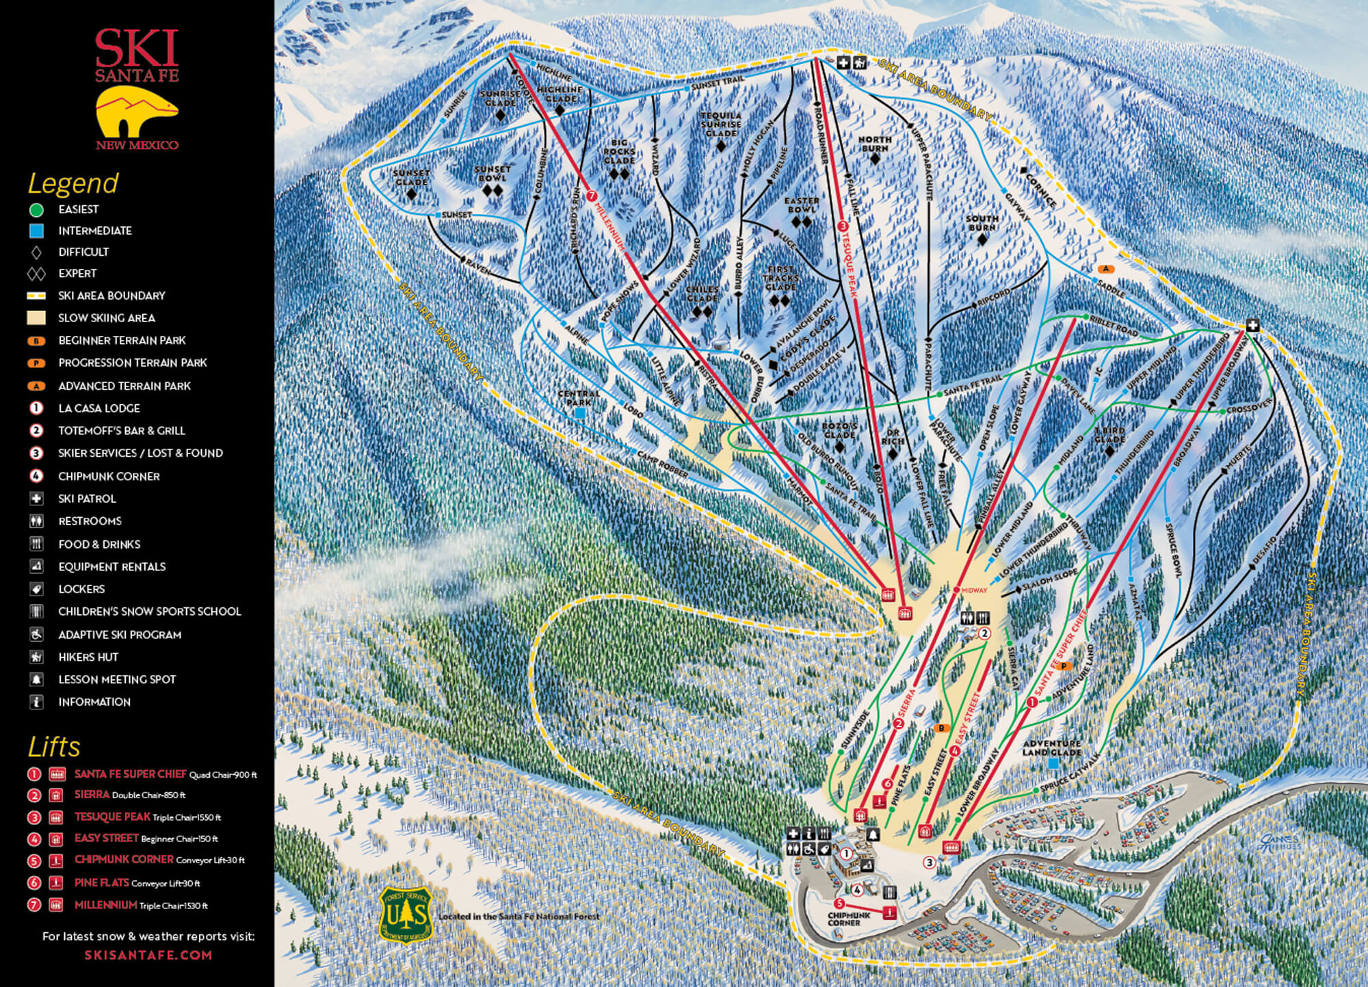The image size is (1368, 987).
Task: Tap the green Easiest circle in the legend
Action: (x=36, y=209)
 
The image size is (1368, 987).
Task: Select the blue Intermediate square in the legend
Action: (x=36, y=231)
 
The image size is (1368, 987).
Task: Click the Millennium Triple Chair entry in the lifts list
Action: (x=140, y=905)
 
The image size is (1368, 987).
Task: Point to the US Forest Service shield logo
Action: (x=406, y=915)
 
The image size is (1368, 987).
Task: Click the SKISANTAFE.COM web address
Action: (x=148, y=955)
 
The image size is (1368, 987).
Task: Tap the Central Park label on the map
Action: (x=579, y=398)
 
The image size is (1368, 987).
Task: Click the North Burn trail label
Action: (x=875, y=144)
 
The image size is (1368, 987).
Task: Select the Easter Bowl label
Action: (x=801, y=205)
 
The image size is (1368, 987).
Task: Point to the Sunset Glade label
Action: (x=411, y=178)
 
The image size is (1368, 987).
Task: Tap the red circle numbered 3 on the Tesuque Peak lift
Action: (x=843, y=226)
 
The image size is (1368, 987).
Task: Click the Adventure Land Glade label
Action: (x=1052, y=748)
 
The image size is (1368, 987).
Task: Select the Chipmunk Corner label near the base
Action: (x=849, y=919)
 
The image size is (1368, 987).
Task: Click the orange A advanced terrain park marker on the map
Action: (x=1106, y=269)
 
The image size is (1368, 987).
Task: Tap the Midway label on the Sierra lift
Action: (x=973, y=590)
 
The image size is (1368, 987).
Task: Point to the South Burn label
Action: (x=982, y=223)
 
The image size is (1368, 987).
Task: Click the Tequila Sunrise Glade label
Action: (x=721, y=124)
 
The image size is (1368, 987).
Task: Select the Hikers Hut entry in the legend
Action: (x=88, y=657)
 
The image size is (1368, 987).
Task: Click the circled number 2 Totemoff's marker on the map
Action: (x=985, y=633)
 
